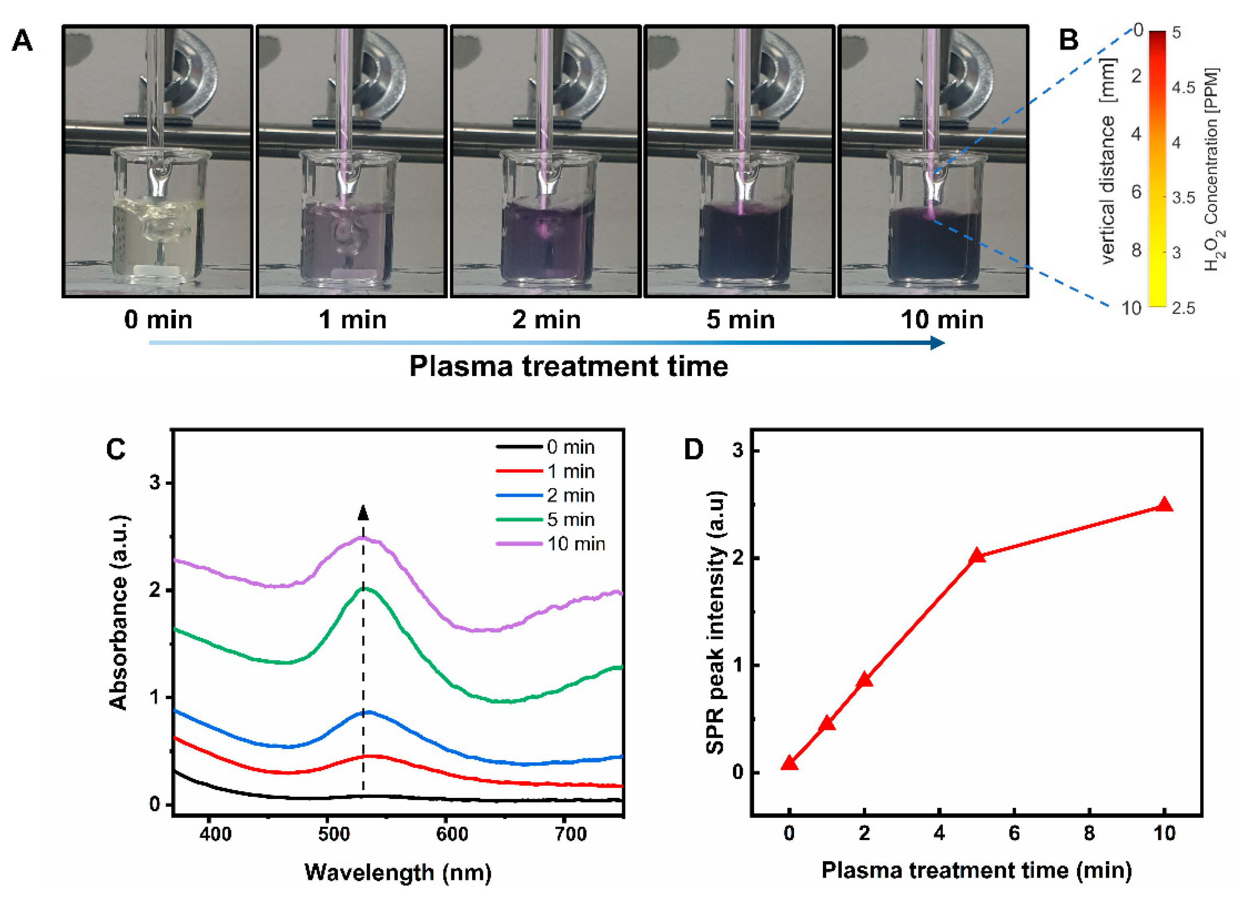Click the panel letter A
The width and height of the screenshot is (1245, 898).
point(22,41)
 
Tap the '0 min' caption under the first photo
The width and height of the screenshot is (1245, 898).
point(158,320)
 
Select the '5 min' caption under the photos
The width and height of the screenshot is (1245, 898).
point(740,320)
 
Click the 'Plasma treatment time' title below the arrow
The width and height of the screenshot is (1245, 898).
point(568,367)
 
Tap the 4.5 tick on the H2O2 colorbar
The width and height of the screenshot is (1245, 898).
point(1183,88)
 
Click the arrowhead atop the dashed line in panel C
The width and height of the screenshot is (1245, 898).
point(363,513)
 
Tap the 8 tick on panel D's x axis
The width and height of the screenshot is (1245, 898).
point(1089,834)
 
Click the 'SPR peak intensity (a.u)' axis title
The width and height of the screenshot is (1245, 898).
point(715,623)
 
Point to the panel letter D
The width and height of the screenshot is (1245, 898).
point(694,450)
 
